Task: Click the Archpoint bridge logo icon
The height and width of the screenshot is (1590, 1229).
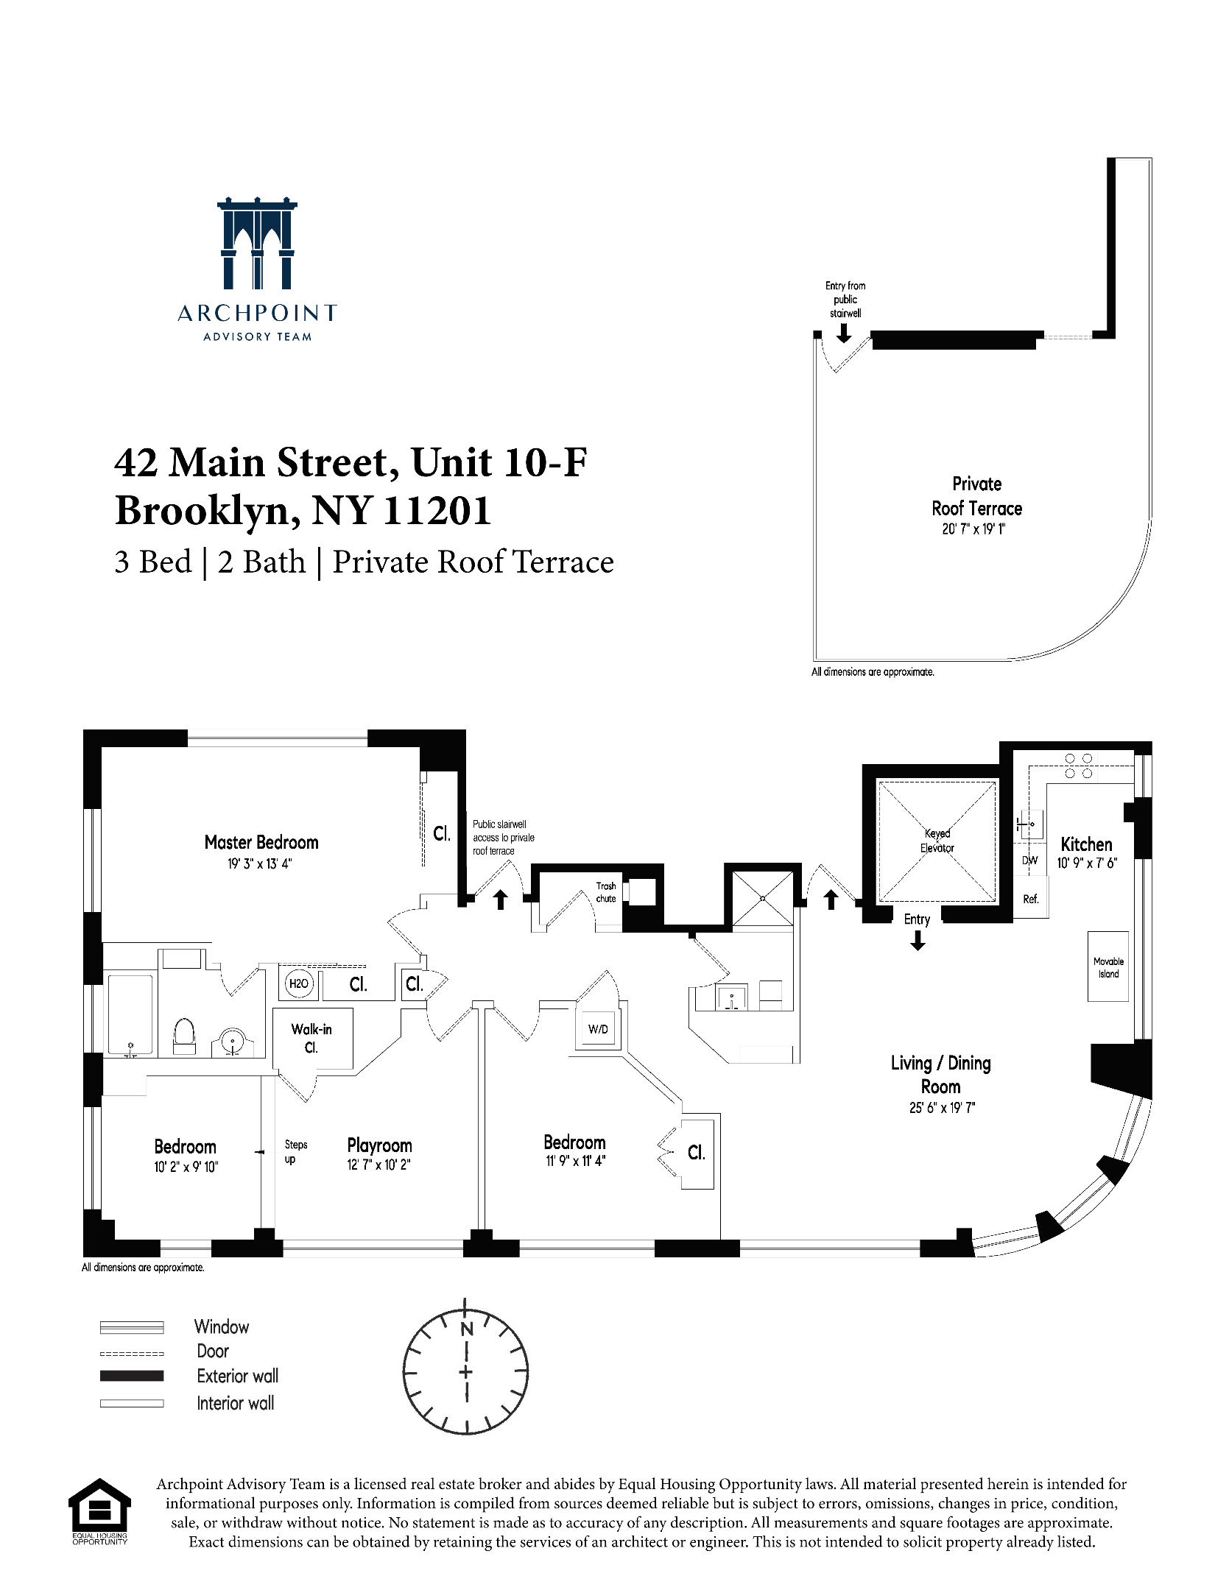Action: pyautogui.click(x=257, y=244)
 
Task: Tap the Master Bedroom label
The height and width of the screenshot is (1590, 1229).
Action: pyautogui.click(x=261, y=842)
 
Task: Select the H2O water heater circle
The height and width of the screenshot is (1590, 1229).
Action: pyautogui.click(x=299, y=983)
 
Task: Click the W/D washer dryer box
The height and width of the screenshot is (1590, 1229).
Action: pyautogui.click(x=598, y=1029)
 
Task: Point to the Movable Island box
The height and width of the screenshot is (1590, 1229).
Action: pyautogui.click(x=1108, y=967)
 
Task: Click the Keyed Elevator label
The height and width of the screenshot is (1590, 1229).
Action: pyautogui.click(x=937, y=841)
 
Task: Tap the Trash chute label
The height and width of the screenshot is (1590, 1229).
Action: pyautogui.click(x=606, y=892)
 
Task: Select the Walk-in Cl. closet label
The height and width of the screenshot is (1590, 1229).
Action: pyautogui.click(x=311, y=1038)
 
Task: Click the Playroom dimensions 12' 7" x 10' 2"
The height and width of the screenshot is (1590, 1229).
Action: pyautogui.click(x=378, y=1165)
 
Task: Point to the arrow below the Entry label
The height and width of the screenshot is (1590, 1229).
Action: pyautogui.click(x=918, y=940)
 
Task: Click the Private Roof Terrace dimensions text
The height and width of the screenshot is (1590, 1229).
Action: pyautogui.click(x=973, y=529)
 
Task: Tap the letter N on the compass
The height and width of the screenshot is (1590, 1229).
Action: pyautogui.click(x=466, y=1329)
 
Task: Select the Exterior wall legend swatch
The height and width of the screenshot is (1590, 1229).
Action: pyautogui.click(x=132, y=1376)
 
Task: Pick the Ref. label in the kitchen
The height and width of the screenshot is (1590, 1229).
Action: pyautogui.click(x=1030, y=899)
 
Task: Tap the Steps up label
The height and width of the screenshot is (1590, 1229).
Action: pyautogui.click(x=295, y=1151)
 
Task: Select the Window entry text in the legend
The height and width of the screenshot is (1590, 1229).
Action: pyautogui.click(x=222, y=1326)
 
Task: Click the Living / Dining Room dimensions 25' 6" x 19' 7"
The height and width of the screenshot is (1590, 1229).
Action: pyautogui.click(x=942, y=1108)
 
